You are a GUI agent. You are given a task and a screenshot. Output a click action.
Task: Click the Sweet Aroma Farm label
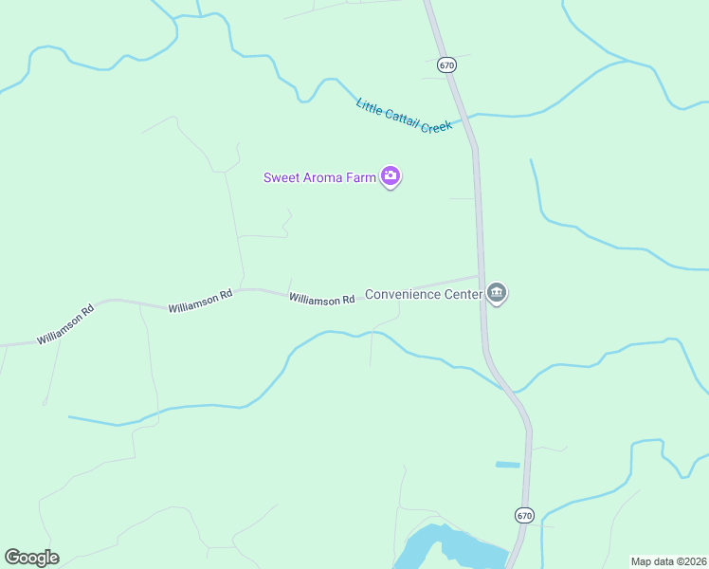(x=319, y=177)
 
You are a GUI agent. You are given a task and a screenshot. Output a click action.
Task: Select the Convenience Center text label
(x=424, y=294)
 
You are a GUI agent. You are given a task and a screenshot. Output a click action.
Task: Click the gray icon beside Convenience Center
(x=497, y=293)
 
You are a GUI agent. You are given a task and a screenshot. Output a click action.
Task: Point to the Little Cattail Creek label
(x=404, y=116)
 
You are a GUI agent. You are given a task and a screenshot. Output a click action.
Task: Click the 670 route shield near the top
(x=447, y=65)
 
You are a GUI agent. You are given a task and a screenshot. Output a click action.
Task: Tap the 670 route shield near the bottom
(x=524, y=515)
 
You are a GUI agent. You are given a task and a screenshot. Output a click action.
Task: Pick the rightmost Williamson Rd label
(x=321, y=300)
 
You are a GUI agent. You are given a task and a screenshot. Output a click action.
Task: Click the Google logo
(x=31, y=558)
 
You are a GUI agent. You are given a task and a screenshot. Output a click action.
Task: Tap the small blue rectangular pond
(x=507, y=465)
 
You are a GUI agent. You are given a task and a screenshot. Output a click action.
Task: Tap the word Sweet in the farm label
(x=282, y=177)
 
